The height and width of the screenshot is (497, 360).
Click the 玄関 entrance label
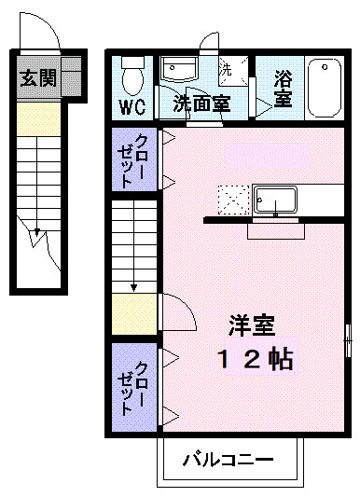coord(38,78)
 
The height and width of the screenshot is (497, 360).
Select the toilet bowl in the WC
coord(132,70)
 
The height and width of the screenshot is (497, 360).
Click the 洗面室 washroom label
coord(201,104)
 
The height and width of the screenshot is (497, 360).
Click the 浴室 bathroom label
coord(284,91)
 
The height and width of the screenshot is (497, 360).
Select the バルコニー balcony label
coord(228,460)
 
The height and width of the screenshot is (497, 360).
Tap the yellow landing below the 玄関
coord(38,117)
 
